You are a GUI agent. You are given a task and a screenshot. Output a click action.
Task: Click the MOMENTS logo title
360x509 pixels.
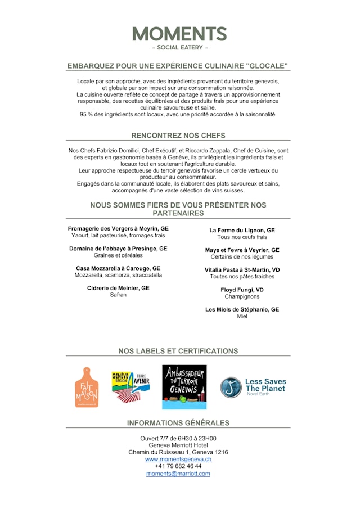coord(179,34)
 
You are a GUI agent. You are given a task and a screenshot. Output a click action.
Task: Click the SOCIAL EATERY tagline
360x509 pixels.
coord(179,48)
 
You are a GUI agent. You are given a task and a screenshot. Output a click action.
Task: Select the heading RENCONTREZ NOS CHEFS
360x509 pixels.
coord(178,136)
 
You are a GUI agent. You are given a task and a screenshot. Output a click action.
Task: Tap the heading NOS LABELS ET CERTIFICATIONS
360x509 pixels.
coord(178,351)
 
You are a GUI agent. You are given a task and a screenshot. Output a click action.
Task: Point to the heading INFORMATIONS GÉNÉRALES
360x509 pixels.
coord(178,423)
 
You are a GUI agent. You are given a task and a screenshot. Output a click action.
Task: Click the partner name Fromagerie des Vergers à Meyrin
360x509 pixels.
coord(118,229)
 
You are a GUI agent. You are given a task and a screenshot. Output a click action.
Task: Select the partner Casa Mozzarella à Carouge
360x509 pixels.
coord(118,268)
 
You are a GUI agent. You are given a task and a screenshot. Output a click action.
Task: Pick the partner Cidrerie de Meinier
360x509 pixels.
coord(118,288)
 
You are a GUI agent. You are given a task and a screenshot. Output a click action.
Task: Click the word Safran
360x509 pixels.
coord(118,295)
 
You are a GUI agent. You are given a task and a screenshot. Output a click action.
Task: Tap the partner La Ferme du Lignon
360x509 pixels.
coord(242,231)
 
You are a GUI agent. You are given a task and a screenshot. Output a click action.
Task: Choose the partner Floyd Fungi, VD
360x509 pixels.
coord(242,290)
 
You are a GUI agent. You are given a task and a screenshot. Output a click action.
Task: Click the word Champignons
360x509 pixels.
coord(242,297)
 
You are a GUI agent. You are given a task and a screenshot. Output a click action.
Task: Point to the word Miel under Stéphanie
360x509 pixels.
coord(242,317)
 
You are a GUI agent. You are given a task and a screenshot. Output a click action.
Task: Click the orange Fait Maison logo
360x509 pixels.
coord(87,387)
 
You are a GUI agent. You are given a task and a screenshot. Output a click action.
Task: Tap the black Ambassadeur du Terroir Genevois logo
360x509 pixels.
coord(184,387)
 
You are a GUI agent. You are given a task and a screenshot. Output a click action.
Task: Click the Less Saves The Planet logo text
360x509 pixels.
coord(265,385)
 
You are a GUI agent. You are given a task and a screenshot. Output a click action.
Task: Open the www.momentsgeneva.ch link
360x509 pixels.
coord(178,460)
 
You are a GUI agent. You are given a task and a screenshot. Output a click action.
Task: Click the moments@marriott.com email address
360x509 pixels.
coord(178,474)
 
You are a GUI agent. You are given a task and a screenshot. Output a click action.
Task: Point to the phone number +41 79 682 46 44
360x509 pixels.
coord(178,466)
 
